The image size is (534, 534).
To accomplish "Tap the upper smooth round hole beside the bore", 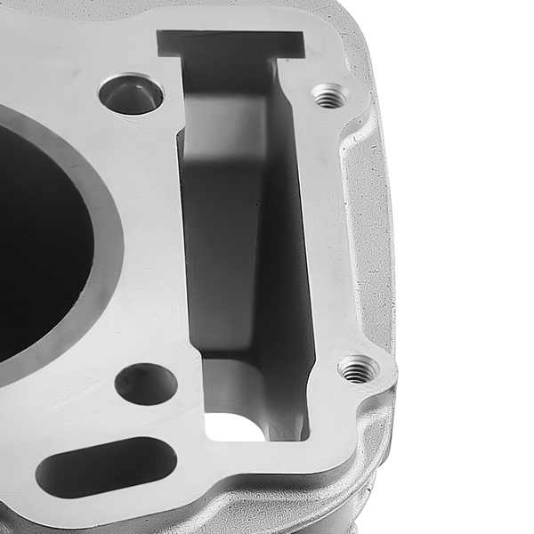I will [x=131, y=94].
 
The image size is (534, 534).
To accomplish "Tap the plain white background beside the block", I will [x=472, y=267].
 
